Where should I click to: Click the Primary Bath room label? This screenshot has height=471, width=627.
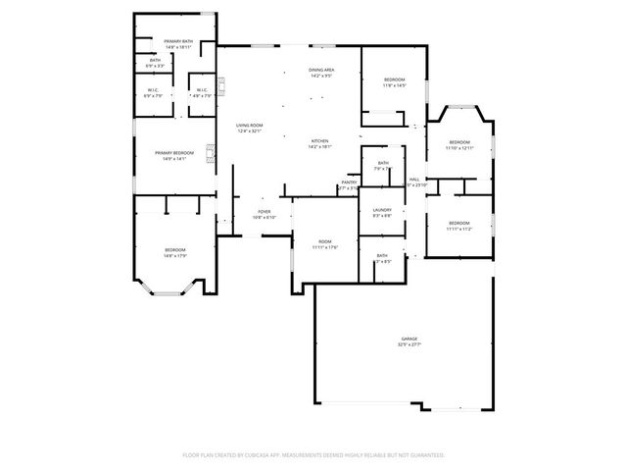[x=178, y=41]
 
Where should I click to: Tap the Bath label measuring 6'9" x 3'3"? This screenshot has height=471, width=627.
[x=156, y=60]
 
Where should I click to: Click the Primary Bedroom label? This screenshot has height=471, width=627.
[x=174, y=152]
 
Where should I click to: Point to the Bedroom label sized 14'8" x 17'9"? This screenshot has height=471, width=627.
[x=175, y=249]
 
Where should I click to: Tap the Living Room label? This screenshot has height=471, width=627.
[x=249, y=125]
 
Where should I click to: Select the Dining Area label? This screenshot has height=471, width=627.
[x=321, y=70]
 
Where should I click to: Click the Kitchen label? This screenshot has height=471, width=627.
[x=320, y=140]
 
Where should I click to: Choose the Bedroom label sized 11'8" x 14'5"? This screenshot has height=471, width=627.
[x=394, y=78]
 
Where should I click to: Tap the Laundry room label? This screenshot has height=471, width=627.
[x=382, y=210]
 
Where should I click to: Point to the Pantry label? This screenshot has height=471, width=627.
[x=349, y=182]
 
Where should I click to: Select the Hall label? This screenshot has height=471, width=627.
[x=414, y=179]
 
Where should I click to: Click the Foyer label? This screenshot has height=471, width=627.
[x=264, y=211]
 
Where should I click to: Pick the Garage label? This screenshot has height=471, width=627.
[x=409, y=339]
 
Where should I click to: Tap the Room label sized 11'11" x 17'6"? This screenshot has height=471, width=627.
[x=324, y=240]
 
